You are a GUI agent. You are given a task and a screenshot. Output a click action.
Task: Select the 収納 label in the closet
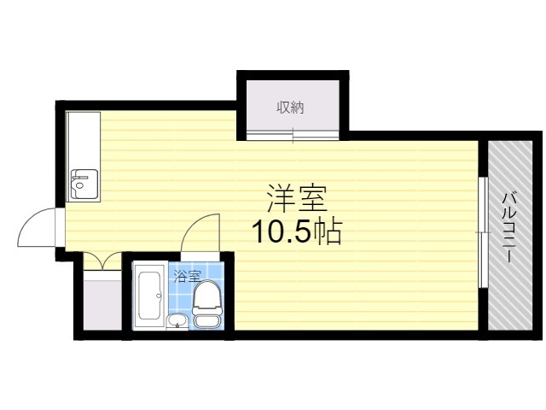290,108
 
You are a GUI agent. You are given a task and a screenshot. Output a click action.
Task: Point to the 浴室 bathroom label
187,275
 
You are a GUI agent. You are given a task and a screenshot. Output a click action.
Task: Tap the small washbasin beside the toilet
176,321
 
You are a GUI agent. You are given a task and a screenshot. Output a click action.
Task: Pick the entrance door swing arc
36,226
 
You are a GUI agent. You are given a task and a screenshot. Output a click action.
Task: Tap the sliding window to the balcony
482,231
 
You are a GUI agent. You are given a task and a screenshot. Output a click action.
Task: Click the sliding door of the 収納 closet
292,132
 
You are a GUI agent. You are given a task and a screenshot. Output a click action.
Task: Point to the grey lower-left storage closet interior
103,303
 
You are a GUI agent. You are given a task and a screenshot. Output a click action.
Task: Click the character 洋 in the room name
281,199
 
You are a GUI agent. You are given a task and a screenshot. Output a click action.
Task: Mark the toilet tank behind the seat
207,321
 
